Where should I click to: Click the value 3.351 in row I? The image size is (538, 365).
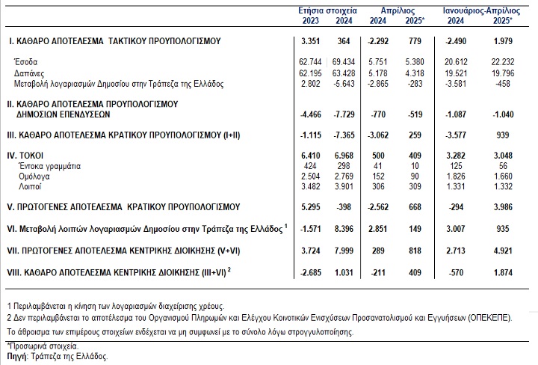pos(311,41)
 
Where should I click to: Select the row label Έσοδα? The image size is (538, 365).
pos(25,62)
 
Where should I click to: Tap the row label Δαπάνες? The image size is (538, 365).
pos(29,73)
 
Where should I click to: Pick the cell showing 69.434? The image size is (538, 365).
pos(344,62)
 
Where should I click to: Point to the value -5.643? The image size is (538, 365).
pos(344,84)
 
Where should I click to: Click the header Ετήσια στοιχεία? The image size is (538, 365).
pos(328,10)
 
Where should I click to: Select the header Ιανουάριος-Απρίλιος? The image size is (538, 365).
pos(481,10)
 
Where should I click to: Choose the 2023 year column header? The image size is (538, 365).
pos(311,21)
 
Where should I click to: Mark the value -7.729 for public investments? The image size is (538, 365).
pos(344,114)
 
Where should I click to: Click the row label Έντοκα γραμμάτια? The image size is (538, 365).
pos(50,166)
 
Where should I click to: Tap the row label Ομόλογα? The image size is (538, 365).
pos(34,177)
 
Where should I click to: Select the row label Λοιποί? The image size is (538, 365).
pos(30,187)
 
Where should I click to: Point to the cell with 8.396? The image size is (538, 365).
pos(344,229)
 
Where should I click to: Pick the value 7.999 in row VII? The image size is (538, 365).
pos(344,251)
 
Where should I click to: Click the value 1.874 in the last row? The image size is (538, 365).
pos(503,273)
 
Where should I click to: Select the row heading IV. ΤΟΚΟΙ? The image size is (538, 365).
pos(25,156)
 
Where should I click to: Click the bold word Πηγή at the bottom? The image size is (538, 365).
pos(16,357)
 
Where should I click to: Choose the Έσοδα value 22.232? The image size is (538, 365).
pos(503,62)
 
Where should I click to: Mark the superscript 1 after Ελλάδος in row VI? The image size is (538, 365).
pos(286,226)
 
